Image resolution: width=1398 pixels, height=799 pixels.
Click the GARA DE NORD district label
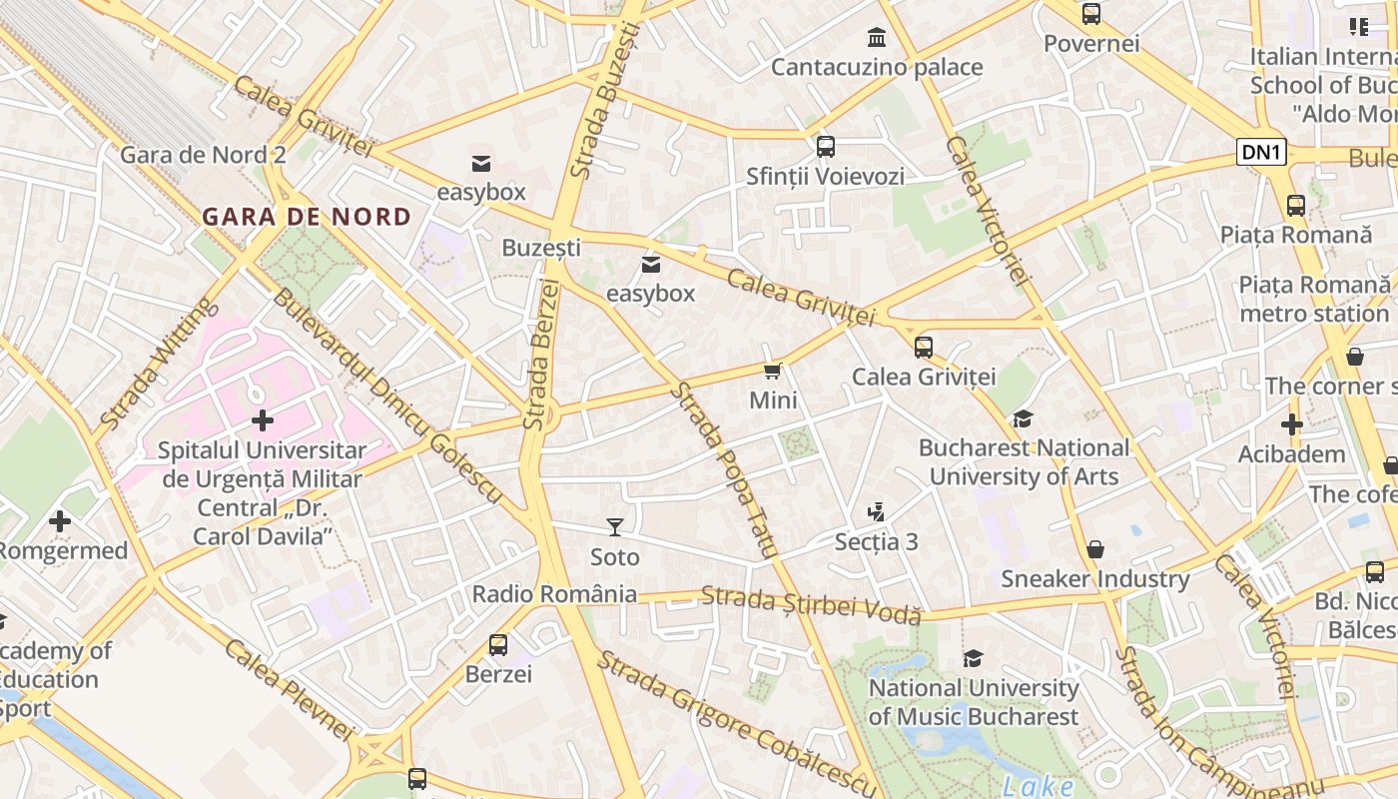click(x=307, y=217)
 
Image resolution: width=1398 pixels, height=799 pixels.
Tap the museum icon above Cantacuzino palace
click(x=877, y=38)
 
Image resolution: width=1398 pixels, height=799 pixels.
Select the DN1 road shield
click(x=1261, y=152)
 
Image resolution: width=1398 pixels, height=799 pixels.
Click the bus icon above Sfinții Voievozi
click(x=825, y=147)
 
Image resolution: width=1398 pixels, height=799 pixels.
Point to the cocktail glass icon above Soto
click(x=615, y=526)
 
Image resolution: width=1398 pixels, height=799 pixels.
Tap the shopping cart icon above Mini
click(x=772, y=372)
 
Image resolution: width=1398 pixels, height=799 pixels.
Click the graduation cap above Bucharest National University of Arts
click(x=1023, y=418)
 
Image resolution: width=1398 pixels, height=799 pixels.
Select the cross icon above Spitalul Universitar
click(x=262, y=420)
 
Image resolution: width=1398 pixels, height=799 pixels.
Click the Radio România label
click(x=554, y=594)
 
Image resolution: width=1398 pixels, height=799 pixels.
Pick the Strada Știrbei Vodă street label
click(x=810, y=605)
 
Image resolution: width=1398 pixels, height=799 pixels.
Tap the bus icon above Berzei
click(x=498, y=645)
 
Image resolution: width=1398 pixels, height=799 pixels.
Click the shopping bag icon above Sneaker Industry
click(x=1095, y=549)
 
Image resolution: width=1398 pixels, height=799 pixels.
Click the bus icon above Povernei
click(x=1090, y=14)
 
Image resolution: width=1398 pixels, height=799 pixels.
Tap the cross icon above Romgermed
click(x=60, y=520)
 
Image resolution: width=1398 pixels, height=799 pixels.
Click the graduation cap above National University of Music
click(x=973, y=658)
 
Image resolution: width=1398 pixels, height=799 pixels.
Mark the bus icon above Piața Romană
click(x=1295, y=206)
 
